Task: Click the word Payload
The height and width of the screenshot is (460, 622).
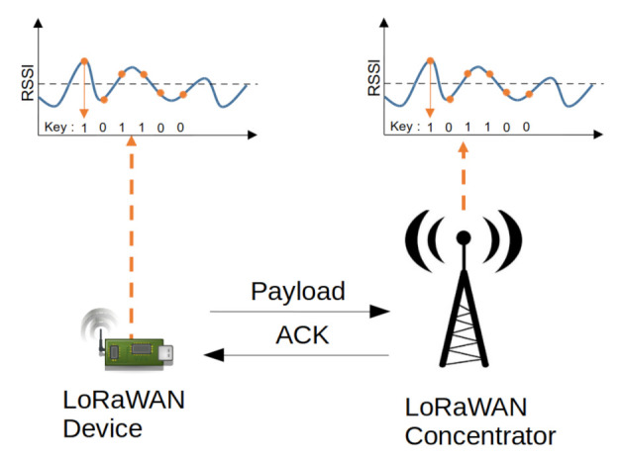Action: [x=298, y=291]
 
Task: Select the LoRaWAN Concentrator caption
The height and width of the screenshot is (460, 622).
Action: [x=480, y=421]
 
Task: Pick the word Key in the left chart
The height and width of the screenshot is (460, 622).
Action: [x=57, y=128]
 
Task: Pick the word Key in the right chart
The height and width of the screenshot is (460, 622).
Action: [x=402, y=127]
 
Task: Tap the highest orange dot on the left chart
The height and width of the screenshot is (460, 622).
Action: [x=84, y=60]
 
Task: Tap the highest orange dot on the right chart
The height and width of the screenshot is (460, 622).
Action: [x=430, y=60]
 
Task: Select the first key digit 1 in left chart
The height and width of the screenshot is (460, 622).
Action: [x=84, y=128]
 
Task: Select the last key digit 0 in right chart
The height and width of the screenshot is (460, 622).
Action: [x=526, y=127]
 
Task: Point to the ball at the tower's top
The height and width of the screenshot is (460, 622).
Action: [x=463, y=238]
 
